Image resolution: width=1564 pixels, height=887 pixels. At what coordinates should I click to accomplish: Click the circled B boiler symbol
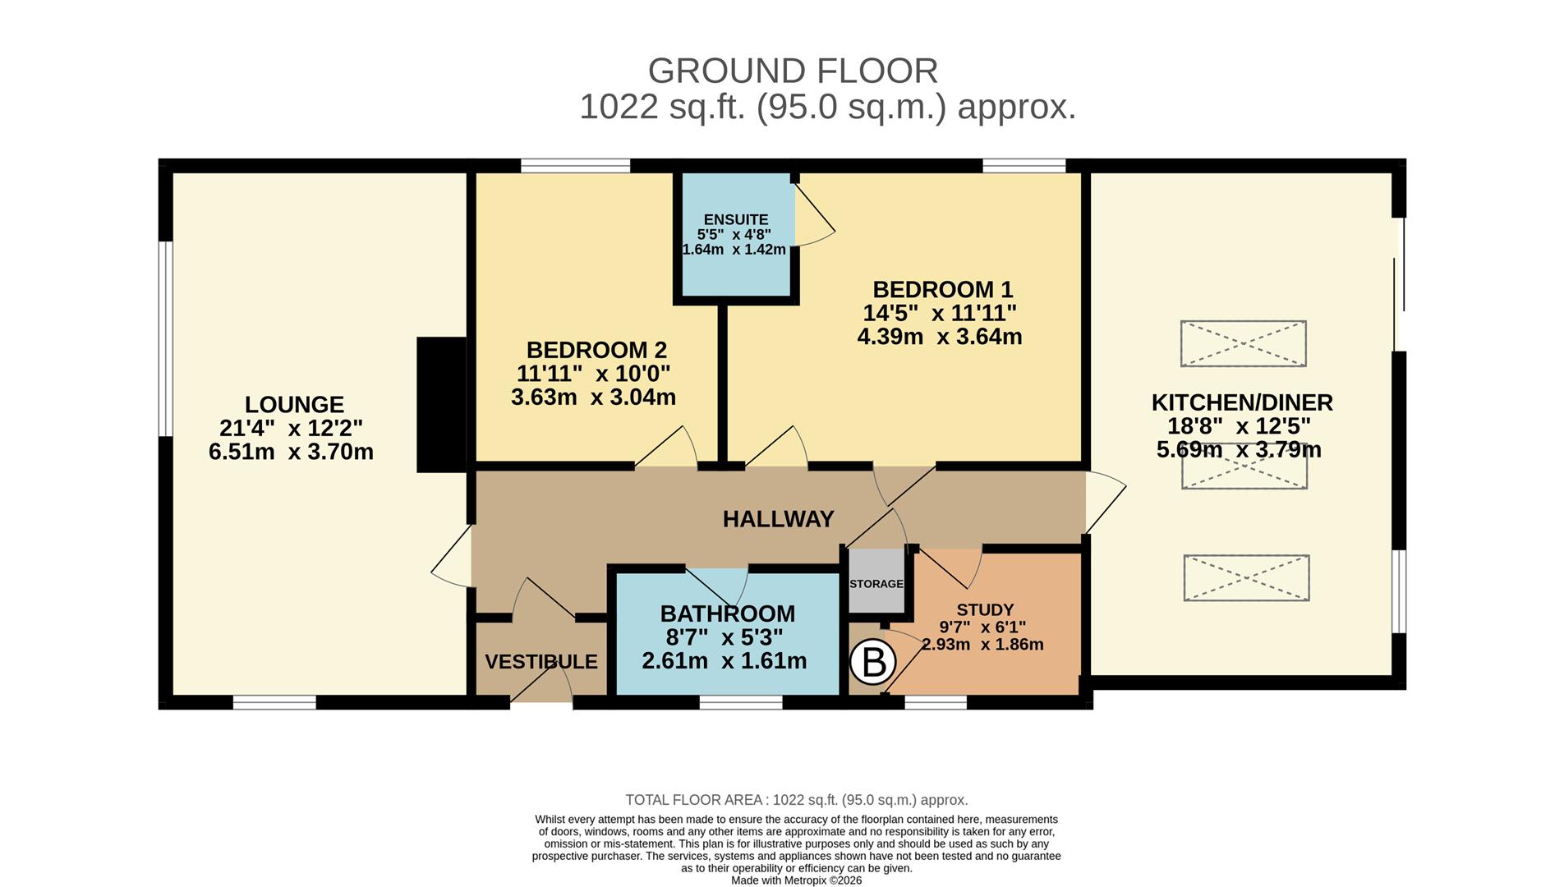[x=872, y=661]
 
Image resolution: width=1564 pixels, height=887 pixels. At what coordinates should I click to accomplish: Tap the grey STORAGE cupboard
[x=876, y=582]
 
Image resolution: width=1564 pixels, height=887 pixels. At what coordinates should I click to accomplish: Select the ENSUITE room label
[x=736, y=219]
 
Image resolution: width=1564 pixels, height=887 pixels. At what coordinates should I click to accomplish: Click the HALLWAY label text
[x=778, y=519]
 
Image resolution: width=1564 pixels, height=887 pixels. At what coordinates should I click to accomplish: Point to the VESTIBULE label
[x=540, y=662]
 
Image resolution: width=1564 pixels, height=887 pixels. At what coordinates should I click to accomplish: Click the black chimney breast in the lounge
[x=441, y=404]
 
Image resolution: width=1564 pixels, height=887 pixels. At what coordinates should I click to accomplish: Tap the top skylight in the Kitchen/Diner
[x=1243, y=343]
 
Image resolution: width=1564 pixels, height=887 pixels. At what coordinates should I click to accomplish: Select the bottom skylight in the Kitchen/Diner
[x=1246, y=577]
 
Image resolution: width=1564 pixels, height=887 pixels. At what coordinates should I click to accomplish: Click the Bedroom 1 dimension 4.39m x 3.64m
[x=940, y=337]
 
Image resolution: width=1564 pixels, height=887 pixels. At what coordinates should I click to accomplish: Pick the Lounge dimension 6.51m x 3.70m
[x=291, y=452]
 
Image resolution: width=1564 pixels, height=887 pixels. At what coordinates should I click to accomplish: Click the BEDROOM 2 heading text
[x=596, y=350]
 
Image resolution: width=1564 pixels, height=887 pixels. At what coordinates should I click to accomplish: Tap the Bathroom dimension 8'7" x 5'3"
[x=724, y=637]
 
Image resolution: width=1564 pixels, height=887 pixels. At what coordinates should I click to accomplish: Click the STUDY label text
[x=985, y=610]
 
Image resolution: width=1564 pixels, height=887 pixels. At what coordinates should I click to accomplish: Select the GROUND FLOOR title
[x=793, y=71]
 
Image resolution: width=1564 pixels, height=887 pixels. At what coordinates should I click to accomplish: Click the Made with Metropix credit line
[x=796, y=880]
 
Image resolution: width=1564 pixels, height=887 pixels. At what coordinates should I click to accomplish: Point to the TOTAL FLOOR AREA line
[x=796, y=800]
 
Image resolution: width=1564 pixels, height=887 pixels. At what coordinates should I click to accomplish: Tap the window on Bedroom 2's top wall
[x=575, y=166]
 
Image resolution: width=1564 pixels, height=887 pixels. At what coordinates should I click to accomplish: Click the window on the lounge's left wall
[x=165, y=338]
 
